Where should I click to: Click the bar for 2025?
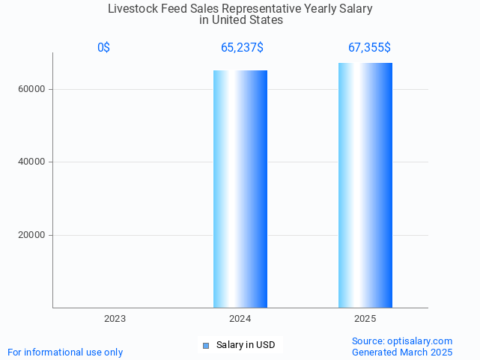coord(365,185)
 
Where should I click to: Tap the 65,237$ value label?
coord(241,48)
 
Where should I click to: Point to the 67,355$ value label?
coord(368,48)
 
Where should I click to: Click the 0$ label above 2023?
coord(103,48)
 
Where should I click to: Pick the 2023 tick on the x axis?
coord(115,319)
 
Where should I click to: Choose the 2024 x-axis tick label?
coord(240,319)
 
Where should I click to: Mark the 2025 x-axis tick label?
coord(365,319)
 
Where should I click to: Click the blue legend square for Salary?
coord(206,345)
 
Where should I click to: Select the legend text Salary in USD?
coord(246,345)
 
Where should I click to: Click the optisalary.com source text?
coord(402,341)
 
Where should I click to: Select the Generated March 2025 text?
coord(402,352)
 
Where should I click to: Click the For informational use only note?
coord(65,352)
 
